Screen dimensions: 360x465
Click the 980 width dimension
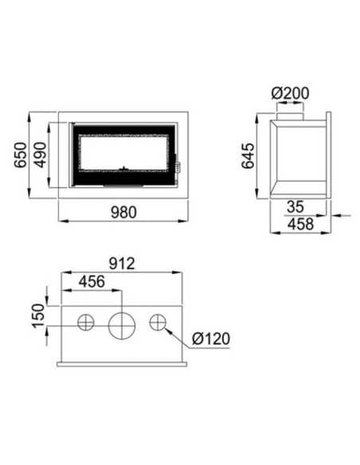(x=123, y=213)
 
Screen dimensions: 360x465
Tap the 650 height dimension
(x=21, y=154)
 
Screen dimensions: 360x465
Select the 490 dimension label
(x=40, y=154)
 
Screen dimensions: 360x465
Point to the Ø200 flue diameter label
(x=290, y=93)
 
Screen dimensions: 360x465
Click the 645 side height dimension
(x=248, y=156)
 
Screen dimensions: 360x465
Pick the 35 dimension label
(x=295, y=206)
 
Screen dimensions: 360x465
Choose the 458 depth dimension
(x=300, y=224)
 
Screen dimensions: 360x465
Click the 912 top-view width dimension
(x=122, y=264)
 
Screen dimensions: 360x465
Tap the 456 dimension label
(x=92, y=281)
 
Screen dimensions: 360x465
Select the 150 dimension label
(x=38, y=315)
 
